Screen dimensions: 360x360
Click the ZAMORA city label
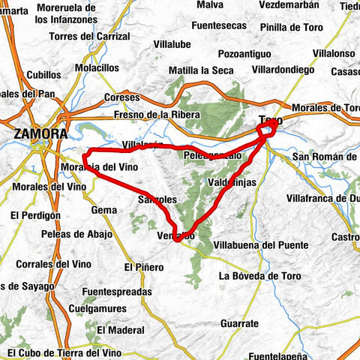click(40, 134)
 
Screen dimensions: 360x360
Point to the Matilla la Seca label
click(196, 70)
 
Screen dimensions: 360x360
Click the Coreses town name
click(121, 97)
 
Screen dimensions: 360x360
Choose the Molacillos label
click(97, 67)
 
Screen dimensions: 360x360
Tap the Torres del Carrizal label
click(100, 36)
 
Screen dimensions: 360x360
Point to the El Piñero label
click(142, 266)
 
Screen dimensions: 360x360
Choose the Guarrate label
click(239, 323)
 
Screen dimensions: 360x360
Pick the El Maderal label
click(120, 329)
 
